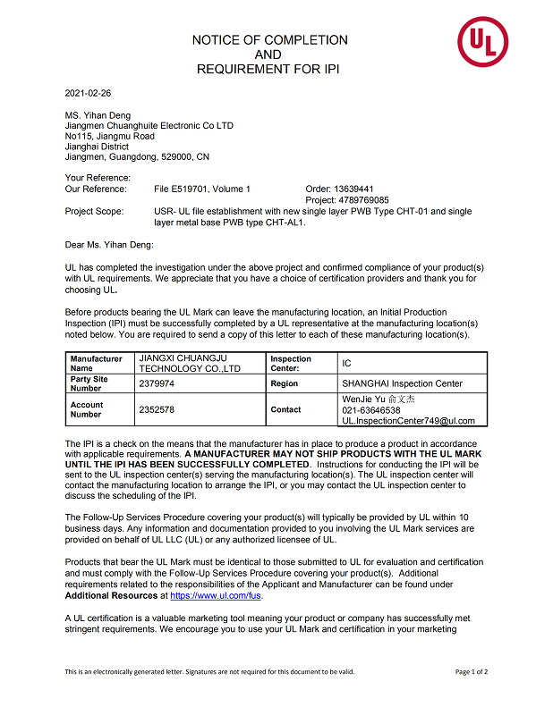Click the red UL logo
pyautogui.click(x=482, y=42)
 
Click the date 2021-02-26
pyautogui.click(x=89, y=93)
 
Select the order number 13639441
pyautogui.click(x=353, y=189)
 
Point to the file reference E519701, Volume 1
pyautogui.click(x=202, y=189)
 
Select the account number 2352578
pyautogui.click(x=157, y=409)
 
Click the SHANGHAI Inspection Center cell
pyautogui.click(x=403, y=383)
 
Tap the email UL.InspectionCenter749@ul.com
pyautogui.click(x=409, y=421)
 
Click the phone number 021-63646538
pyautogui.click(x=371, y=410)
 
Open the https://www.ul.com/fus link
pyautogui.click(x=204, y=595)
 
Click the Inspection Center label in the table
pyautogui.click(x=292, y=363)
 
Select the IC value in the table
pyautogui.click(x=347, y=363)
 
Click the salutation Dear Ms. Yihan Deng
pyautogui.click(x=109, y=244)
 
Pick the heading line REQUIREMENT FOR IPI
pyautogui.click(x=268, y=69)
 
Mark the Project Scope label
pyautogui.click(x=96, y=212)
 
